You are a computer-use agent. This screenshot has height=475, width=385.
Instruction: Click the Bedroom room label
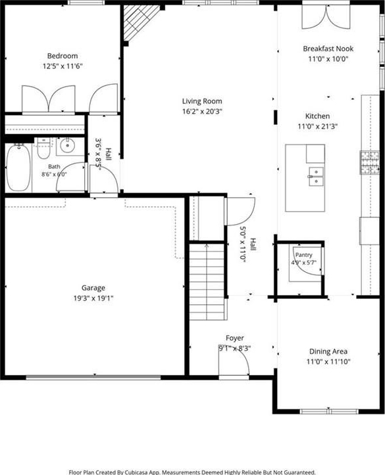click(63, 56)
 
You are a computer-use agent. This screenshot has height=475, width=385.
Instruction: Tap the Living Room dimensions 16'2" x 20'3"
click(202, 112)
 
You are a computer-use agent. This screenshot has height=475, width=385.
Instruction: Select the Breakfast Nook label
click(328, 49)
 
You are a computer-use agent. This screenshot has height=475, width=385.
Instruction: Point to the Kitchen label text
click(317, 116)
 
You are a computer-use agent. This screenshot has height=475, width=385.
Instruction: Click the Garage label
click(93, 288)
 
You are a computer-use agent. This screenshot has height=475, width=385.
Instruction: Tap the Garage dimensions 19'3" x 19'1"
click(93, 298)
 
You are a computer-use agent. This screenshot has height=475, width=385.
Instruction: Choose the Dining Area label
click(328, 351)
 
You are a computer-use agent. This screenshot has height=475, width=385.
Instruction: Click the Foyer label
click(234, 338)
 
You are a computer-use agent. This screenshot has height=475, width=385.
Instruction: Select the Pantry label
click(303, 255)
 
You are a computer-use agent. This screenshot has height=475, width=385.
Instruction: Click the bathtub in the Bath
click(18, 168)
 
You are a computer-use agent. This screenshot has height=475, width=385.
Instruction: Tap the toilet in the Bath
click(43, 148)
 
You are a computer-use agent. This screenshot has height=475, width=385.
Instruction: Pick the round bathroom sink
click(66, 146)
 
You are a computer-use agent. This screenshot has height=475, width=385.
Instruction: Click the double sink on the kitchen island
click(316, 176)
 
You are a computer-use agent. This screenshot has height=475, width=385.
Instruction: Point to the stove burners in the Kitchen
click(370, 163)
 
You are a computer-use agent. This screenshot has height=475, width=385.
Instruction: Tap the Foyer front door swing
click(234, 361)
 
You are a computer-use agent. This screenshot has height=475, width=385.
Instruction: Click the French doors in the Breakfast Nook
click(326, 16)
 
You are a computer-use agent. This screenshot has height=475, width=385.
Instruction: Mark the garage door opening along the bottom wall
click(93, 378)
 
